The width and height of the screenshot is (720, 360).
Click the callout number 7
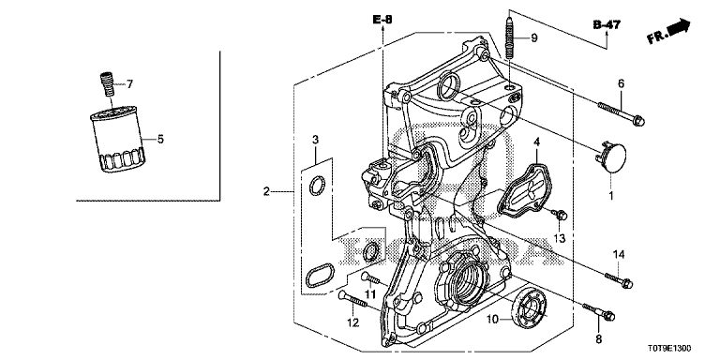130,84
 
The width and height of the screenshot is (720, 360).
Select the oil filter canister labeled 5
117,139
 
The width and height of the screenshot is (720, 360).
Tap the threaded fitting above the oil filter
107,84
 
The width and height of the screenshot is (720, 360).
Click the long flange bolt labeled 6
622,112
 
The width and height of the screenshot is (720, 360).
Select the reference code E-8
382,20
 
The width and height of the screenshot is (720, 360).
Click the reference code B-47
607,24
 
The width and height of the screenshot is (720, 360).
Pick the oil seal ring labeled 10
532,307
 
